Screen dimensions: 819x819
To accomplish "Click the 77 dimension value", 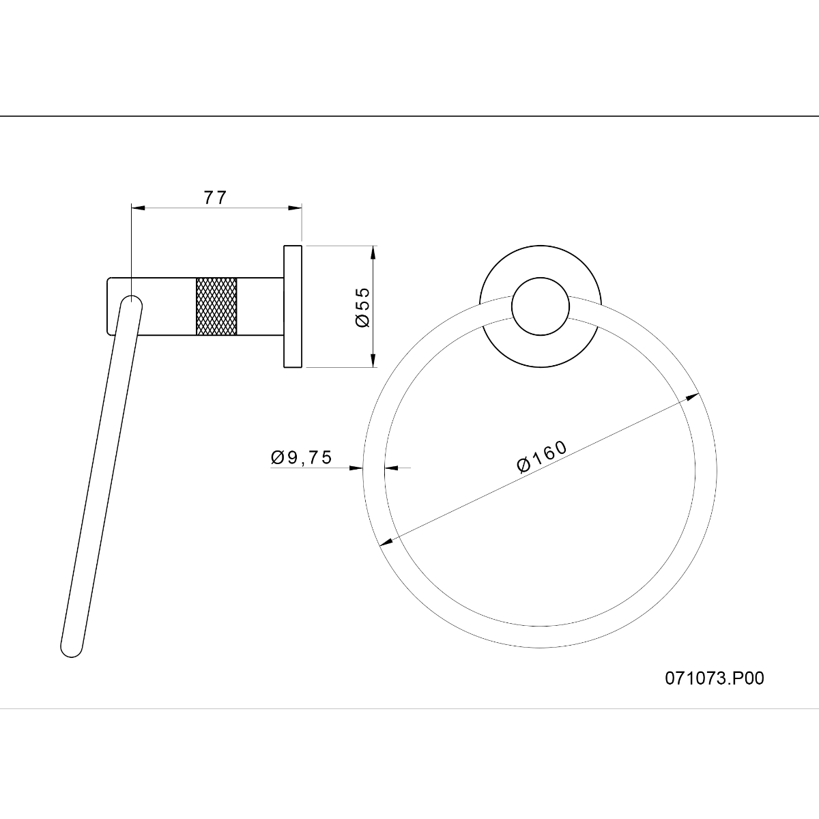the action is tap(215, 197).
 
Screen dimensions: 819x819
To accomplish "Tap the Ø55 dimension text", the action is tap(362, 307).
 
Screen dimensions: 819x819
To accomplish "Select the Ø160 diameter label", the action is tap(542, 457).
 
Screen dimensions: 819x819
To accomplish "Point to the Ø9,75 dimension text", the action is tap(301, 457).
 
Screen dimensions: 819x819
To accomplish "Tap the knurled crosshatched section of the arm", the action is tap(216, 306).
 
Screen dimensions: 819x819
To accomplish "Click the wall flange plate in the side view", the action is tap(293, 306).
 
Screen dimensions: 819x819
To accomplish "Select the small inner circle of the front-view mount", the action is tap(540, 306).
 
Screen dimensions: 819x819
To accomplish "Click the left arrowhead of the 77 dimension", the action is tap(138, 208).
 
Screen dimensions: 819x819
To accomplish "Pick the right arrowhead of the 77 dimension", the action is tap(295, 208).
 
